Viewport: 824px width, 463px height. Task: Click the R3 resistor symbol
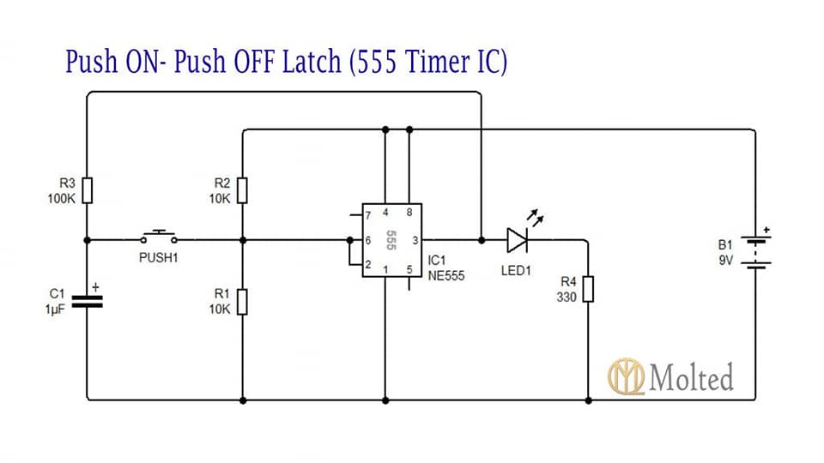pyautogui.click(x=88, y=190)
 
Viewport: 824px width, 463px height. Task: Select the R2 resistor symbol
pyautogui.click(x=242, y=190)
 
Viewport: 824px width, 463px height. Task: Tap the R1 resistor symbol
pyautogui.click(x=242, y=301)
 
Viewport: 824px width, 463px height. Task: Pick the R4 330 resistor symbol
pyautogui.click(x=589, y=289)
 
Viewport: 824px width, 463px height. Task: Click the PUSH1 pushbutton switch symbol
pyautogui.click(x=159, y=238)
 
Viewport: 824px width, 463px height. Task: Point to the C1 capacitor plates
pyautogui.click(x=88, y=301)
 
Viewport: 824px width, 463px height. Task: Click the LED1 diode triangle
pyautogui.click(x=517, y=240)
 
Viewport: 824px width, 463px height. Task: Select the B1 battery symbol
pyautogui.click(x=755, y=252)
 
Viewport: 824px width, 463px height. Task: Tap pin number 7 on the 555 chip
pyautogui.click(x=368, y=215)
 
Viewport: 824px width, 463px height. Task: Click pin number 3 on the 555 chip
pyautogui.click(x=415, y=240)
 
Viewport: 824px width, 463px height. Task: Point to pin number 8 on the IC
pyautogui.click(x=409, y=212)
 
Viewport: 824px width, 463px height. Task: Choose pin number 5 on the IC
pyautogui.click(x=409, y=270)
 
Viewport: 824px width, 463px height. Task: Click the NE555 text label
pyautogui.click(x=446, y=275)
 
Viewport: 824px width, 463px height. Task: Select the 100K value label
pyautogui.click(x=62, y=198)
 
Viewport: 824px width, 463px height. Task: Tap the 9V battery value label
pyautogui.click(x=726, y=260)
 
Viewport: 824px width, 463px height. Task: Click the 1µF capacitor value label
pyautogui.click(x=55, y=310)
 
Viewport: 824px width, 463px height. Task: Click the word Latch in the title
pyautogui.click(x=312, y=61)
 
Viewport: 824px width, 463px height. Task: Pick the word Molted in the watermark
pyautogui.click(x=692, y=377)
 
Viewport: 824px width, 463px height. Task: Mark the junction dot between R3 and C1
pyautogui.click(x=88, y=240)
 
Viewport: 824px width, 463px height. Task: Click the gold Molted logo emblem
pyautogui.click(x=626, y=376)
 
